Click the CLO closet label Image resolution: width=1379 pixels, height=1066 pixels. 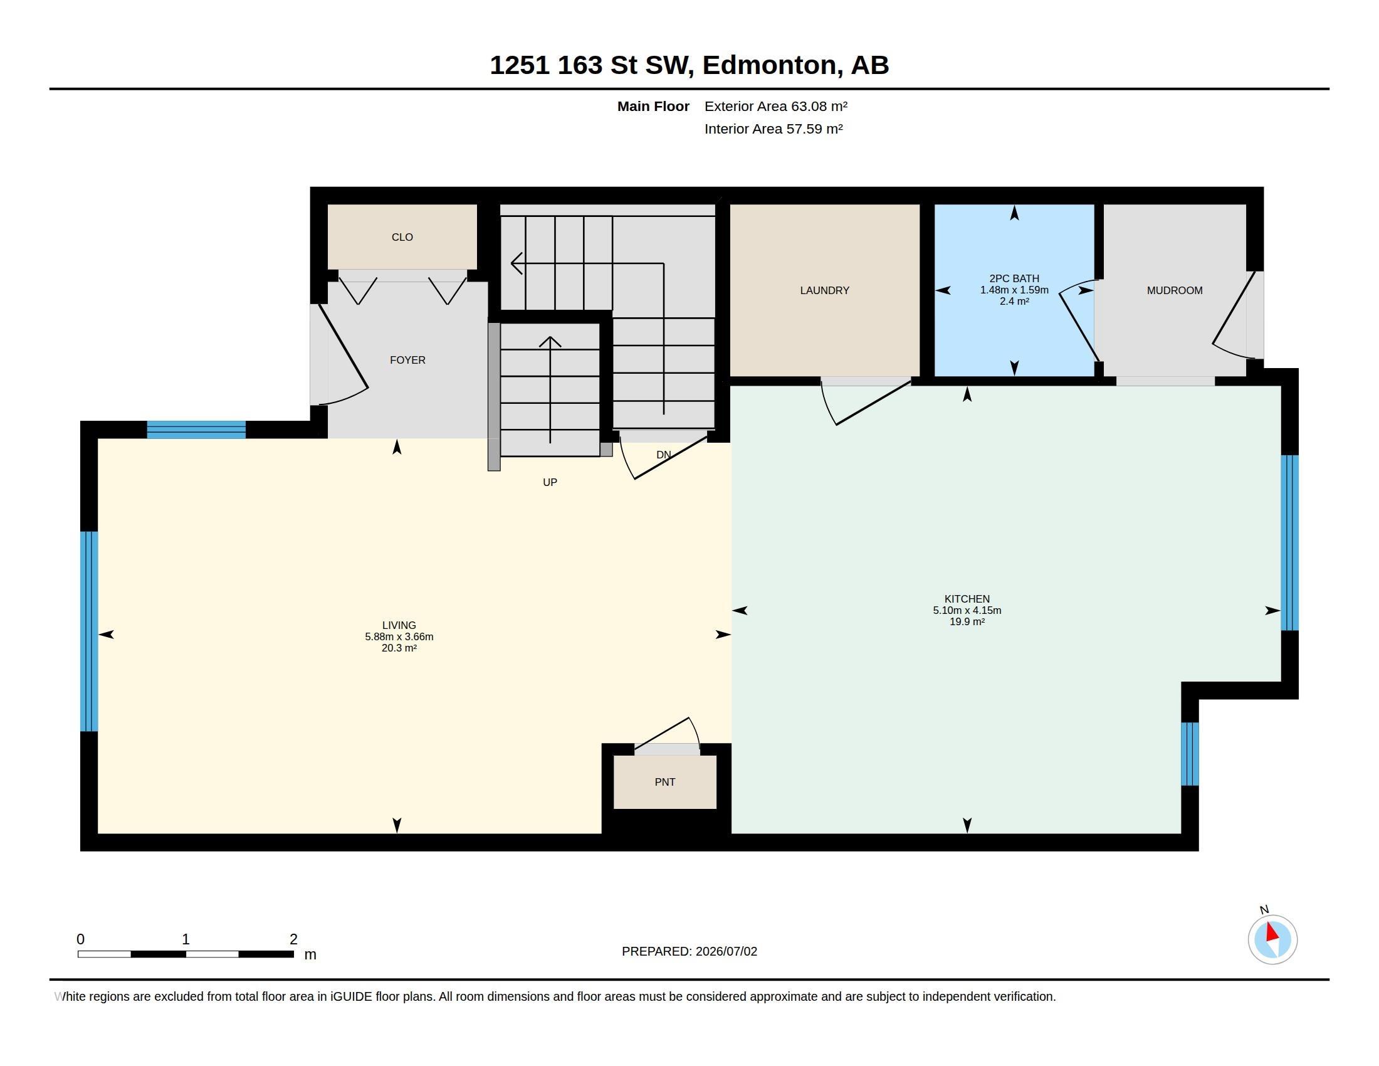coord(402,238)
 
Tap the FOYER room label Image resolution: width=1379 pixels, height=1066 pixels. coord(408,360)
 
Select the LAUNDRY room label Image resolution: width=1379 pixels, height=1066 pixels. coord(825,290)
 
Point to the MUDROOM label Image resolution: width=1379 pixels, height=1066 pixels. coord(1175,290)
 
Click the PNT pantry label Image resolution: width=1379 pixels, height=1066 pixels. coord(665,782)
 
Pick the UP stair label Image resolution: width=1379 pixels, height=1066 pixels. coord(550,482)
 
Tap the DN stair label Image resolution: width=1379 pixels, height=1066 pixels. coord(664,455)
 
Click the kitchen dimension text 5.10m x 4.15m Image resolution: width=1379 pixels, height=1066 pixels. coord(967,610)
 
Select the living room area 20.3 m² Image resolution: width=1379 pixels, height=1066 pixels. coord(399,648)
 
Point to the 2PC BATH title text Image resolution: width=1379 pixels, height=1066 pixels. coord(1014,278)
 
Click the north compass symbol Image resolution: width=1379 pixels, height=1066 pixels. coord(1272,939)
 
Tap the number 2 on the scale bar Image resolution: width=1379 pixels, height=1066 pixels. coord(293,939)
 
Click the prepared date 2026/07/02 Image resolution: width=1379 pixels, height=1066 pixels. coord(726,951)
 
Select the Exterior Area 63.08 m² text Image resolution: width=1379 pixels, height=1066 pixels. coord(776,106)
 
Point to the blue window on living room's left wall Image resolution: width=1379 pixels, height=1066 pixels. coord(89,631)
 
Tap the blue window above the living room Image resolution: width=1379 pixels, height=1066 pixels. coord(196,430)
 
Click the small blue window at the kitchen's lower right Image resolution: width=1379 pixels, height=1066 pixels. coord(1190,753)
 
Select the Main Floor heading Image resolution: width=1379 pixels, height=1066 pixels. coord(653,106)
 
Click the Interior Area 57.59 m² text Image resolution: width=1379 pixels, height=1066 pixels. coord(773,129)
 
